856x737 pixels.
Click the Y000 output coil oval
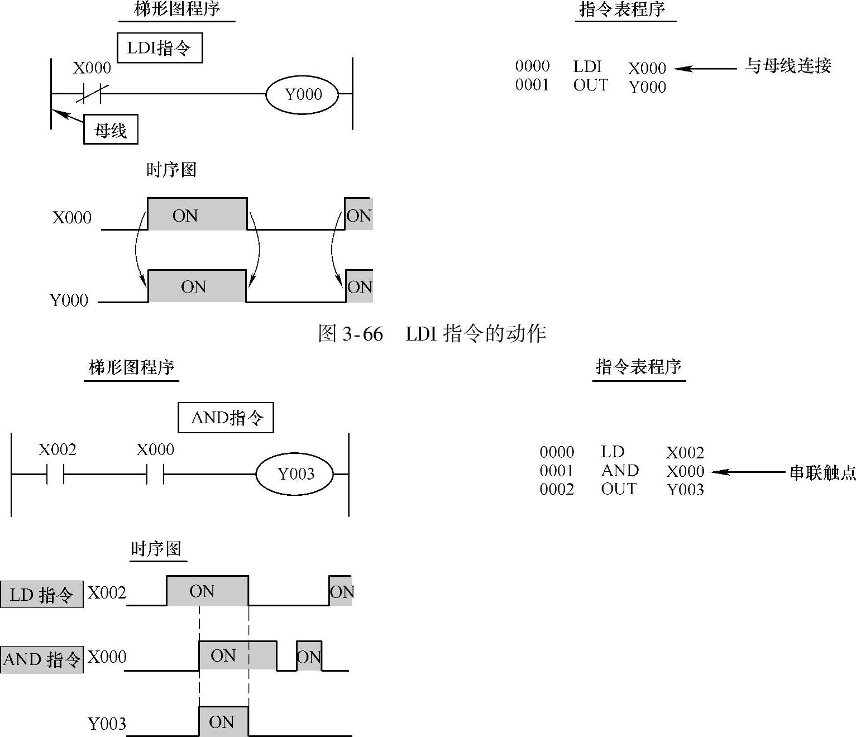click(302, 94)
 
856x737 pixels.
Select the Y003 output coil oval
click(295, 474)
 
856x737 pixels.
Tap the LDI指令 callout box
click(160, 48)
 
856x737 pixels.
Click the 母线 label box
click(111, 130)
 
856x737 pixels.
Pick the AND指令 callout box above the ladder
click(226, 418)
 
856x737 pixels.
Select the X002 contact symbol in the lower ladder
click(56, 474)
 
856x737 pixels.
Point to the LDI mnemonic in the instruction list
click(587, 66)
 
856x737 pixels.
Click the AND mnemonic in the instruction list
click(620, 471)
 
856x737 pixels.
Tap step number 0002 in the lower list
click(557, 489)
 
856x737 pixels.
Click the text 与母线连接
click(788, 66)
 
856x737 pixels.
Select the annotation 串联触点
click(822, 473)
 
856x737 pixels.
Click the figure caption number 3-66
click(362, 334)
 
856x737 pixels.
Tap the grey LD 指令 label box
click(42, 594)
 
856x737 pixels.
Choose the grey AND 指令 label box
click(42, 659)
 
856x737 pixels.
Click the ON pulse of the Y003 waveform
click(223, 722)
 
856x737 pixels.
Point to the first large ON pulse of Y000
click(197, 286)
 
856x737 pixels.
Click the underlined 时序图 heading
click(156, 549)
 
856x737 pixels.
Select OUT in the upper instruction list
click(590, 85)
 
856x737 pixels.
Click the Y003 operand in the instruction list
click(685, 490)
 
